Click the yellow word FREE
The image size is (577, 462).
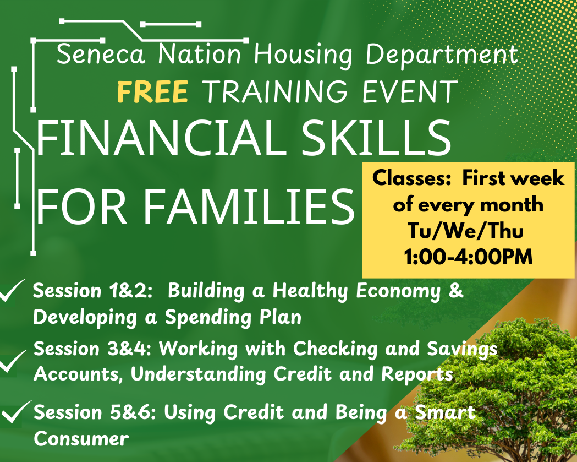click(153, 91)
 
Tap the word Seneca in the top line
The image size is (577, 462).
click(101, 55)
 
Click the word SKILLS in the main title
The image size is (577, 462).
click(376, 138)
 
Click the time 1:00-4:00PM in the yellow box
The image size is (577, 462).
click(468, 257)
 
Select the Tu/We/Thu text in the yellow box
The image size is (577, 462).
click(465, 231)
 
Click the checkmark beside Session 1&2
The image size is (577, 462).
click(12, 291)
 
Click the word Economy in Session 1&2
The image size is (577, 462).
click(399, 292)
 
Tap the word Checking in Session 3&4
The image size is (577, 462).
click(335, 349)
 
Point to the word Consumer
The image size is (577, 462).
click(81, 439)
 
